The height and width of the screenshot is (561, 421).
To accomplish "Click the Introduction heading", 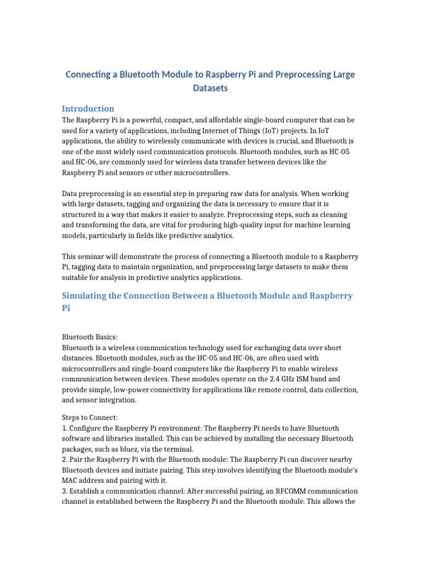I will coord(88,108).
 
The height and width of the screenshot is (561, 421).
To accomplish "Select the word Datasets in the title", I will coord(210,88).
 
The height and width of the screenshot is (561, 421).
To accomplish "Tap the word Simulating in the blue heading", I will coord(87,296).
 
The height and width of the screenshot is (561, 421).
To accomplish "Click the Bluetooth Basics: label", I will coord(89,337).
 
